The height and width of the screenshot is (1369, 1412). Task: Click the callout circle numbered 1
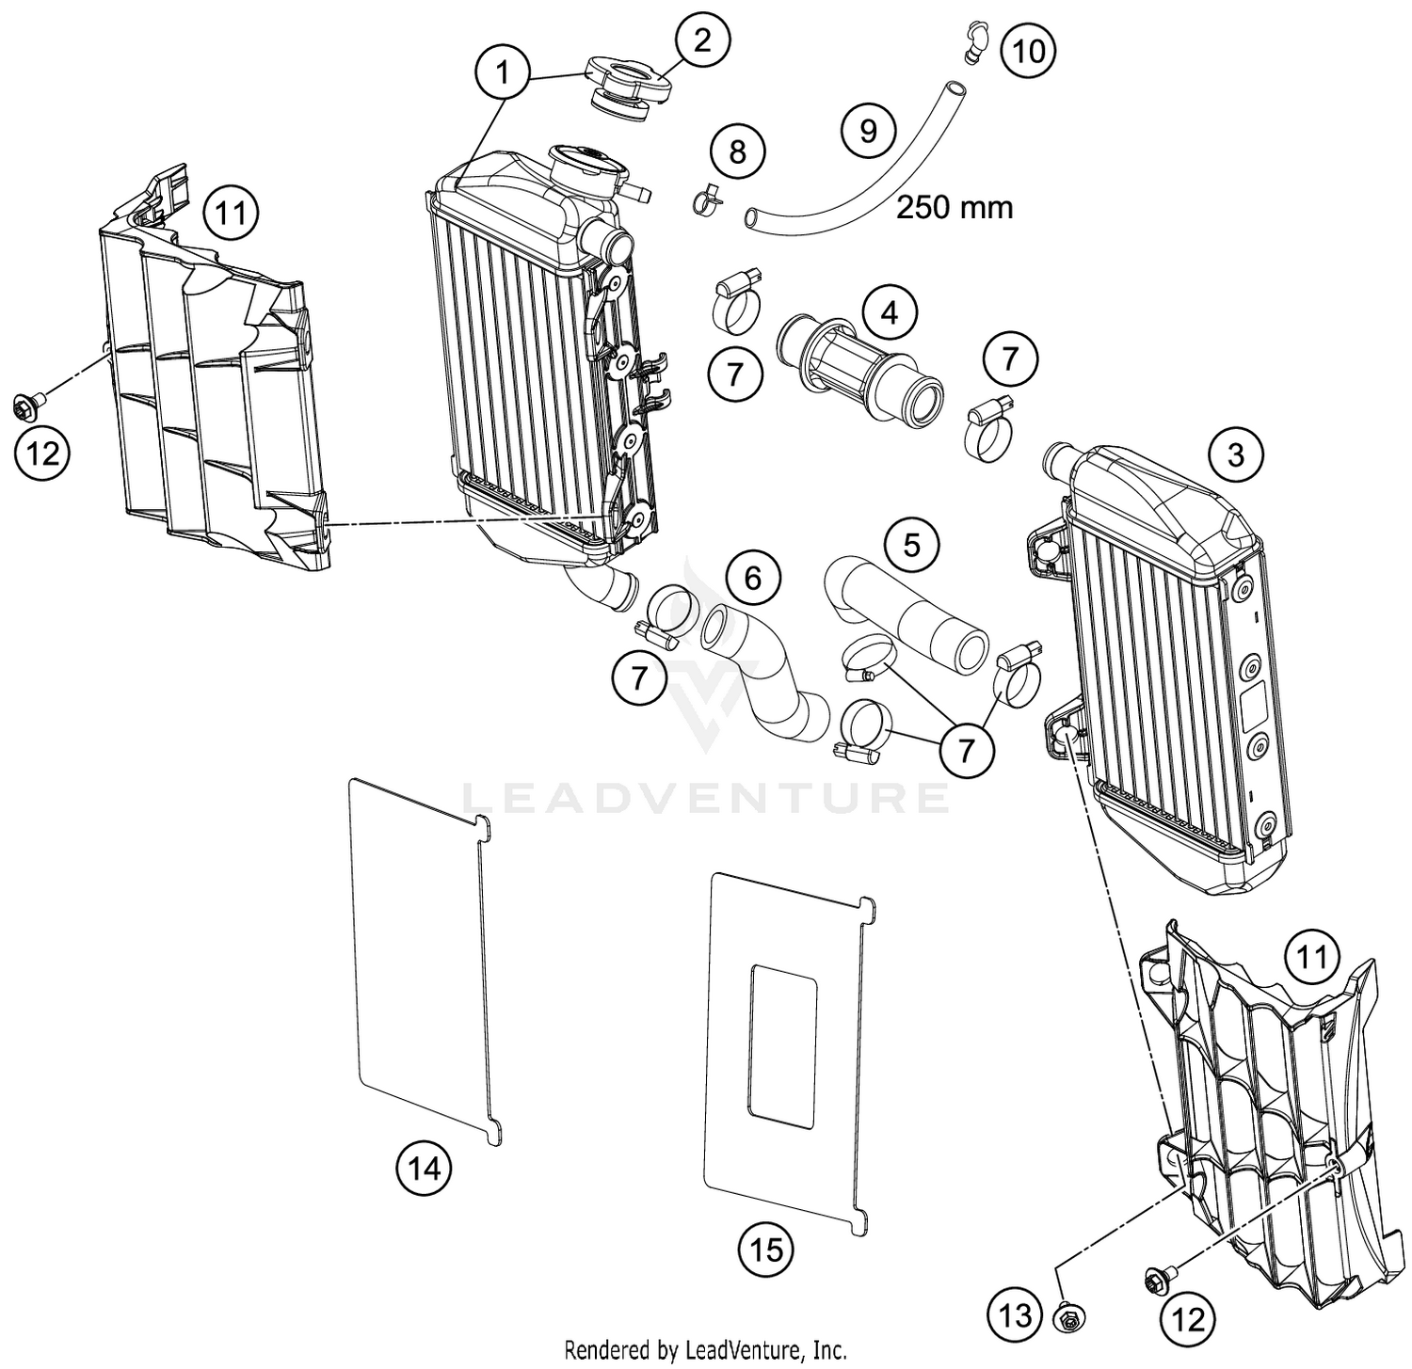coord(504,72)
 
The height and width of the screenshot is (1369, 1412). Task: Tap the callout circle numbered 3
coord(1235,455)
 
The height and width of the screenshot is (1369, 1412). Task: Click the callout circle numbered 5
coord(911,544)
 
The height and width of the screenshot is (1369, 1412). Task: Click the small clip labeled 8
coord(707,199)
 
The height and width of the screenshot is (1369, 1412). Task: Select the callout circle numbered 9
coord(868,130)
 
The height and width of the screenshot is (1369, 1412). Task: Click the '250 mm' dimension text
coord(954,207)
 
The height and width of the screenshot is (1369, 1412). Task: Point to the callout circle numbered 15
coord(766,1250)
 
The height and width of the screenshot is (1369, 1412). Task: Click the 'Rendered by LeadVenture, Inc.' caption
coord(705,1350)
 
